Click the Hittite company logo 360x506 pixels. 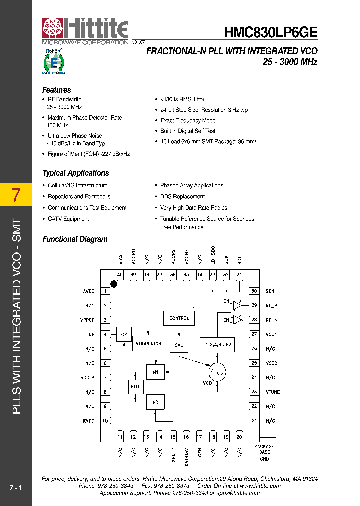[85, 31]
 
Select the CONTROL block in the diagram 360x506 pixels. [179, 318]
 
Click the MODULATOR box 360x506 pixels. [148, 344]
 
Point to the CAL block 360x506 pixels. [179, 345]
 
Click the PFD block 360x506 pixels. [135, 386]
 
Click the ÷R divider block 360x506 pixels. [155, 401]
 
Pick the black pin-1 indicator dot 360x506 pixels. [114, 284]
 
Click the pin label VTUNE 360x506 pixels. [272, 392]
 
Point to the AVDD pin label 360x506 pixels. [88, 291]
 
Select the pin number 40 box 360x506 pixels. [120, 275]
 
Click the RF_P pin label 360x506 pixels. [271, 306]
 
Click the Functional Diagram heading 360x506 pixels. [75, 239]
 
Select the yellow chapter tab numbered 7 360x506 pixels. [16, 195]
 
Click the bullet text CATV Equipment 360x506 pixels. [68, 219]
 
